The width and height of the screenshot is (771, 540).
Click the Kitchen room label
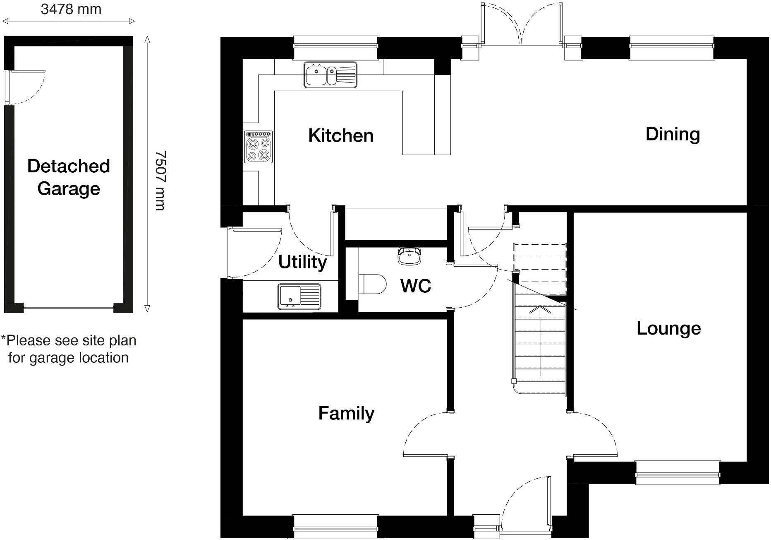tap(340, 136)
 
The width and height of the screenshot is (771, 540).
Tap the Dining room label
tap(673, 134)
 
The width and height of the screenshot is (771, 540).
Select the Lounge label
tap(668, 328)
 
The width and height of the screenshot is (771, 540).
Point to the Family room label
tap(346, 413)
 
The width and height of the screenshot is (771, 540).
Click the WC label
tap(416, 286)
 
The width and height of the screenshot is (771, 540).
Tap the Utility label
tap(302, 262)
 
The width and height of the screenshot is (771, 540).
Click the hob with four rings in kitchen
tap(259, 147)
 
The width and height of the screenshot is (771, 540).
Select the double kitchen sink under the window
tap(330, 75)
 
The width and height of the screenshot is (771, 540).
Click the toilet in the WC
tap(374, 284)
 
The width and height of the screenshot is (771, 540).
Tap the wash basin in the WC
tap(409, 256)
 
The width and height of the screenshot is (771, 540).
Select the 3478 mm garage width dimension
tap(71, 9)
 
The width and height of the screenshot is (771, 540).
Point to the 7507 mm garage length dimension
tap(160, 181)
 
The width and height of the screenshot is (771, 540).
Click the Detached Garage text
tap(69, 177)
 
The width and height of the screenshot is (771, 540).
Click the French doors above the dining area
tap(522, 25)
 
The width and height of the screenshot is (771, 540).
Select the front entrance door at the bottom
tap(525, 505)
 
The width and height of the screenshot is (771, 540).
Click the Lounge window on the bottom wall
tap(678, 472)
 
